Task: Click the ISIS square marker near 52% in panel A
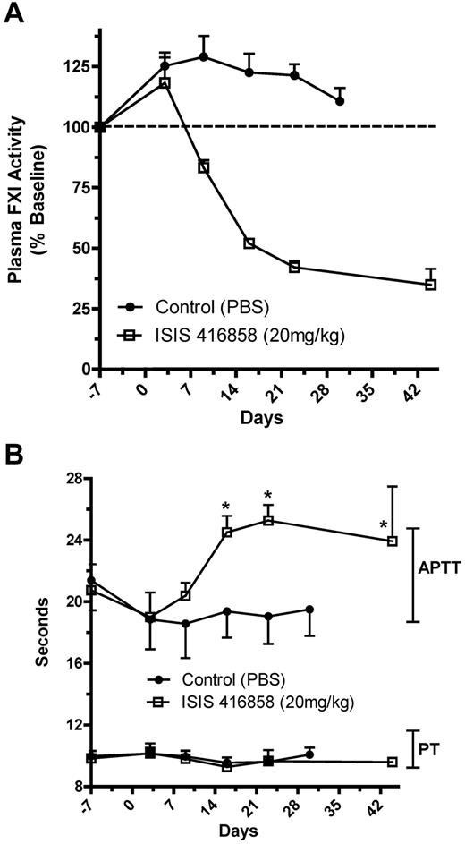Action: click(x=249, y=243)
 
